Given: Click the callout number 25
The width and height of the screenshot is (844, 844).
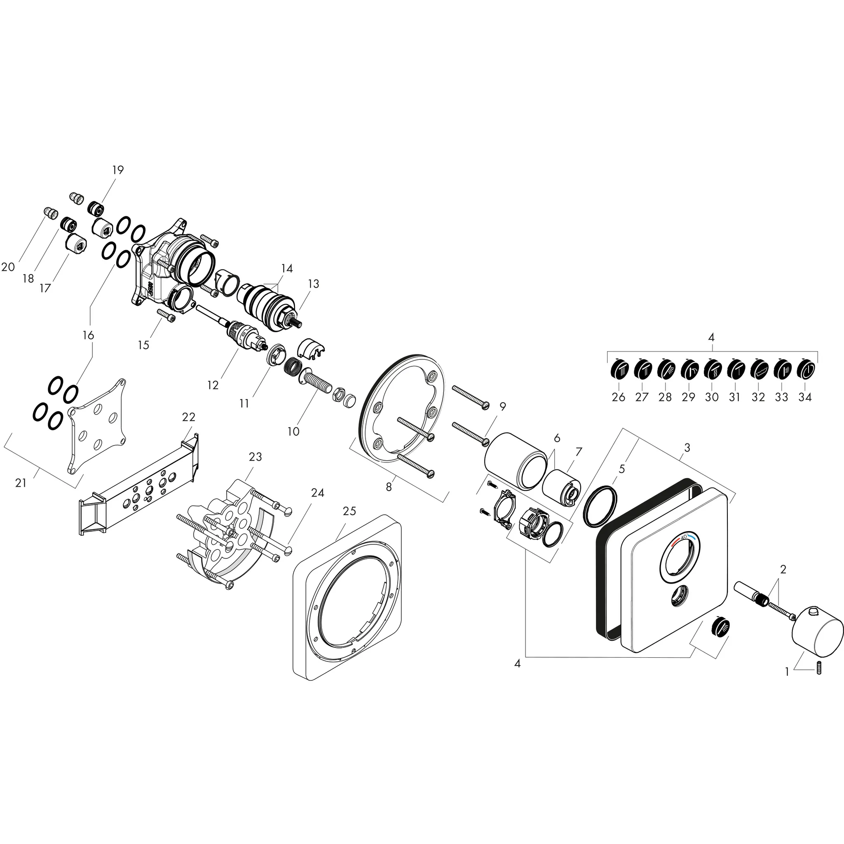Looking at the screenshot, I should coord(349,511).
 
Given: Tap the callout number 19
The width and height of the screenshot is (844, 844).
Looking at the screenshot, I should coord(118,169).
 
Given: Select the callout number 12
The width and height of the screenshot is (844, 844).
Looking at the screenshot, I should coord(213,385).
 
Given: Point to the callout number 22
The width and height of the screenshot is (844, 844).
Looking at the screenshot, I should coord(188,417).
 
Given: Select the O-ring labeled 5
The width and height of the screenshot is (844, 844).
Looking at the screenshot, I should coord(601,506).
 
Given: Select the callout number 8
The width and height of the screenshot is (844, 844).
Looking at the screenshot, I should coord(388,486).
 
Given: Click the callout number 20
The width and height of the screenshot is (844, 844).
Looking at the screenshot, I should coord(8,267).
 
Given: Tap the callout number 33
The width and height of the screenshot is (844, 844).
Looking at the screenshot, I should coord(781,397).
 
